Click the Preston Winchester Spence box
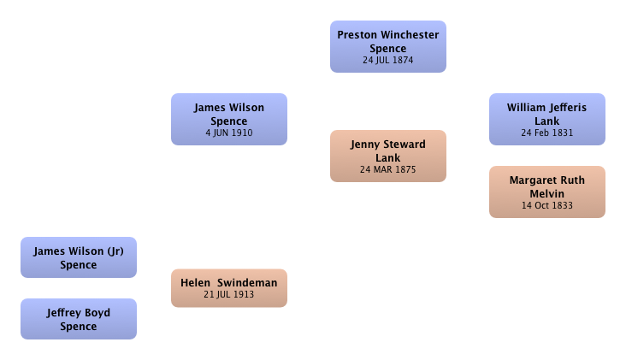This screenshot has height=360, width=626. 388,47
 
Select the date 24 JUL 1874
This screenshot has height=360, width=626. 388,60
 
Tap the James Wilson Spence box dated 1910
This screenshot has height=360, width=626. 229,120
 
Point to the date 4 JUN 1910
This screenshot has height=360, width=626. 229,133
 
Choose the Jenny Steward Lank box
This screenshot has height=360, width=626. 388,156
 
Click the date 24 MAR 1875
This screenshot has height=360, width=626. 388,169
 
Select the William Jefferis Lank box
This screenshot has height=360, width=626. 547,120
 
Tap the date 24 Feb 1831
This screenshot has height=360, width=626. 547,133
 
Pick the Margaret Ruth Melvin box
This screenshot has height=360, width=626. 547,192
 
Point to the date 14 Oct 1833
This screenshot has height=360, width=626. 547,205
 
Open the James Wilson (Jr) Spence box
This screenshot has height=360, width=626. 79,257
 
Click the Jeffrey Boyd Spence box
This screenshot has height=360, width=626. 79,319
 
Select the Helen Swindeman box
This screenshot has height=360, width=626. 229,288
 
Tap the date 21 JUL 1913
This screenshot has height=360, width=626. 229,294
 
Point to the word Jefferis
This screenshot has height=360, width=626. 567,108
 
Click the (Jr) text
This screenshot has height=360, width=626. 115,251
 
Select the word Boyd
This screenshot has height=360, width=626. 97,313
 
